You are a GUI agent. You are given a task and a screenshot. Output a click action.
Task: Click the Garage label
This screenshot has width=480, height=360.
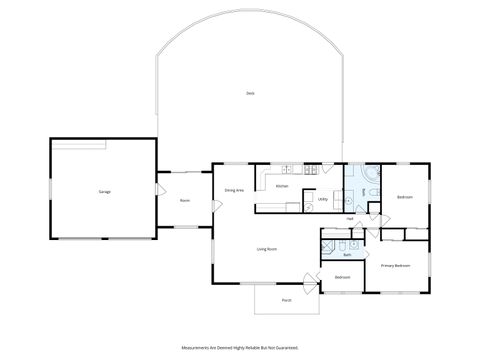104,191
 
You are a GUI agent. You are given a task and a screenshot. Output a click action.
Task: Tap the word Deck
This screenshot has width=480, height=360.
250,93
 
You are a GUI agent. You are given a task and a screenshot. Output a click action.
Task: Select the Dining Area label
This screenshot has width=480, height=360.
234,190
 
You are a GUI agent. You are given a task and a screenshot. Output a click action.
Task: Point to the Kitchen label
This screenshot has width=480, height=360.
283,186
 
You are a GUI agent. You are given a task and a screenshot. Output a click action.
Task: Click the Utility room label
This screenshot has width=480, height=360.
323,199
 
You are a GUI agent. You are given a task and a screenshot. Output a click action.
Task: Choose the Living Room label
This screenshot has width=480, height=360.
267,249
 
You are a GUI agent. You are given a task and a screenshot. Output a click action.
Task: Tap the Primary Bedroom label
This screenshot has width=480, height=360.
395,265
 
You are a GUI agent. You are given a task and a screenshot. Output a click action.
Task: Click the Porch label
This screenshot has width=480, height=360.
286,300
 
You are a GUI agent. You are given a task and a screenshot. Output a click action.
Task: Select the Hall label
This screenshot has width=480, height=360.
350,219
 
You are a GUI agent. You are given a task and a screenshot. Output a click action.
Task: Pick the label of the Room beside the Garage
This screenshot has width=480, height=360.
184,200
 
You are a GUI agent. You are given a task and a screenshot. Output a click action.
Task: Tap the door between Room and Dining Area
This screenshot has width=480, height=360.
214,206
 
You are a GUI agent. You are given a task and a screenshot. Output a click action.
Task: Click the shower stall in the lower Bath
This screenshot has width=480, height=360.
327,244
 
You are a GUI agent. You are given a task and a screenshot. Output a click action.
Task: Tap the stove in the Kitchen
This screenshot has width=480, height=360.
312,168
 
